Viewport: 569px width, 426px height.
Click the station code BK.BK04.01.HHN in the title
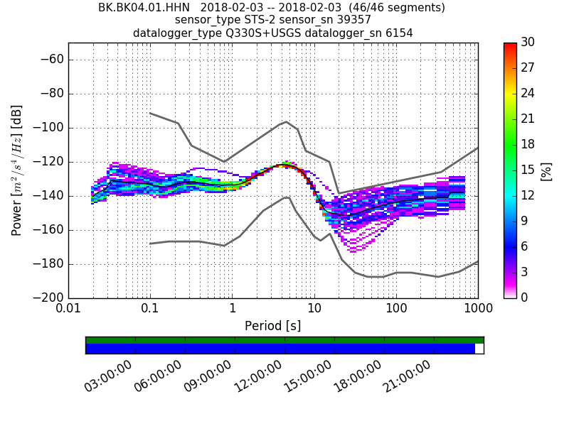(144, 8)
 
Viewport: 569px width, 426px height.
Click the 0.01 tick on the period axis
(68, 310)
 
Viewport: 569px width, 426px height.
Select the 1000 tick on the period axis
(478, 310)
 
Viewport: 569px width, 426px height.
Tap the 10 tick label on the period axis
(314, 310)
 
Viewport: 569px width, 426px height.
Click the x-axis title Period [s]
(273, 326)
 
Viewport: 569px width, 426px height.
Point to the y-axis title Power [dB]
(17, 170)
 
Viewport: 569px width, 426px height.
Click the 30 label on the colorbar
(527, 43)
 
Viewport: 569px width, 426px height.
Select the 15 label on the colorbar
(527, 170)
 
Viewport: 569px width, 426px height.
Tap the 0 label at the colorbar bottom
(524, 297)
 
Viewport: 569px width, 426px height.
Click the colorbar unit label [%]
(546, 170)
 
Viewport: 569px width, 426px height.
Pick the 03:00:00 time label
(108, 376)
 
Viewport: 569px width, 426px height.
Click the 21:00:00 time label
(407, 376)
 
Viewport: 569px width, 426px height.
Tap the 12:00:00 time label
(257, 376)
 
